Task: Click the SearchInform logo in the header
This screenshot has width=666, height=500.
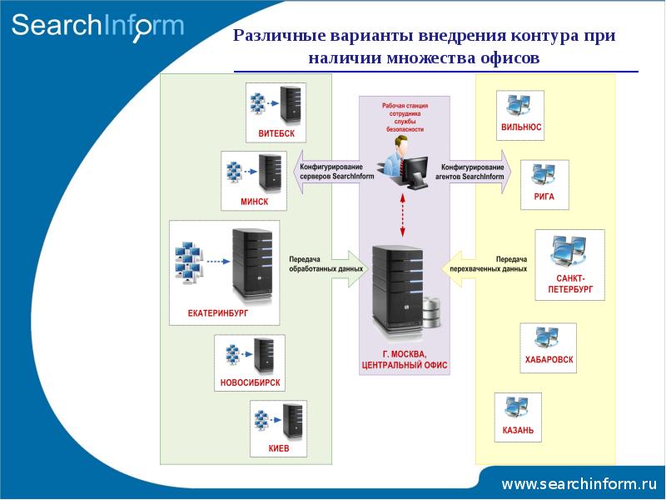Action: pos(97,25)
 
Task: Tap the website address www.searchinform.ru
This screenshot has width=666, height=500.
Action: pos(579,483)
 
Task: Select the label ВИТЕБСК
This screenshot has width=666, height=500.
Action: pos(276,133)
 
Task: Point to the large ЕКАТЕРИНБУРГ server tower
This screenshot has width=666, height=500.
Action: pos(251,265)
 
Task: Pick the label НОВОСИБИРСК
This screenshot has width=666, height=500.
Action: pos(250,383)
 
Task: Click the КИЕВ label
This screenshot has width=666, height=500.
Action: pos(279,447)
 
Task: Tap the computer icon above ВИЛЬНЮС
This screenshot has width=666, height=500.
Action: pos(519,105)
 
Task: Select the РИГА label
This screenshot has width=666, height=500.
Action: pos(544,197)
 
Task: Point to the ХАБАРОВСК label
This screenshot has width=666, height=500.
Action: pos(549,360)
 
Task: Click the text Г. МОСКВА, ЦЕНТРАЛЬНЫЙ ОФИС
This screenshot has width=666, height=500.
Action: pos(405,359)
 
